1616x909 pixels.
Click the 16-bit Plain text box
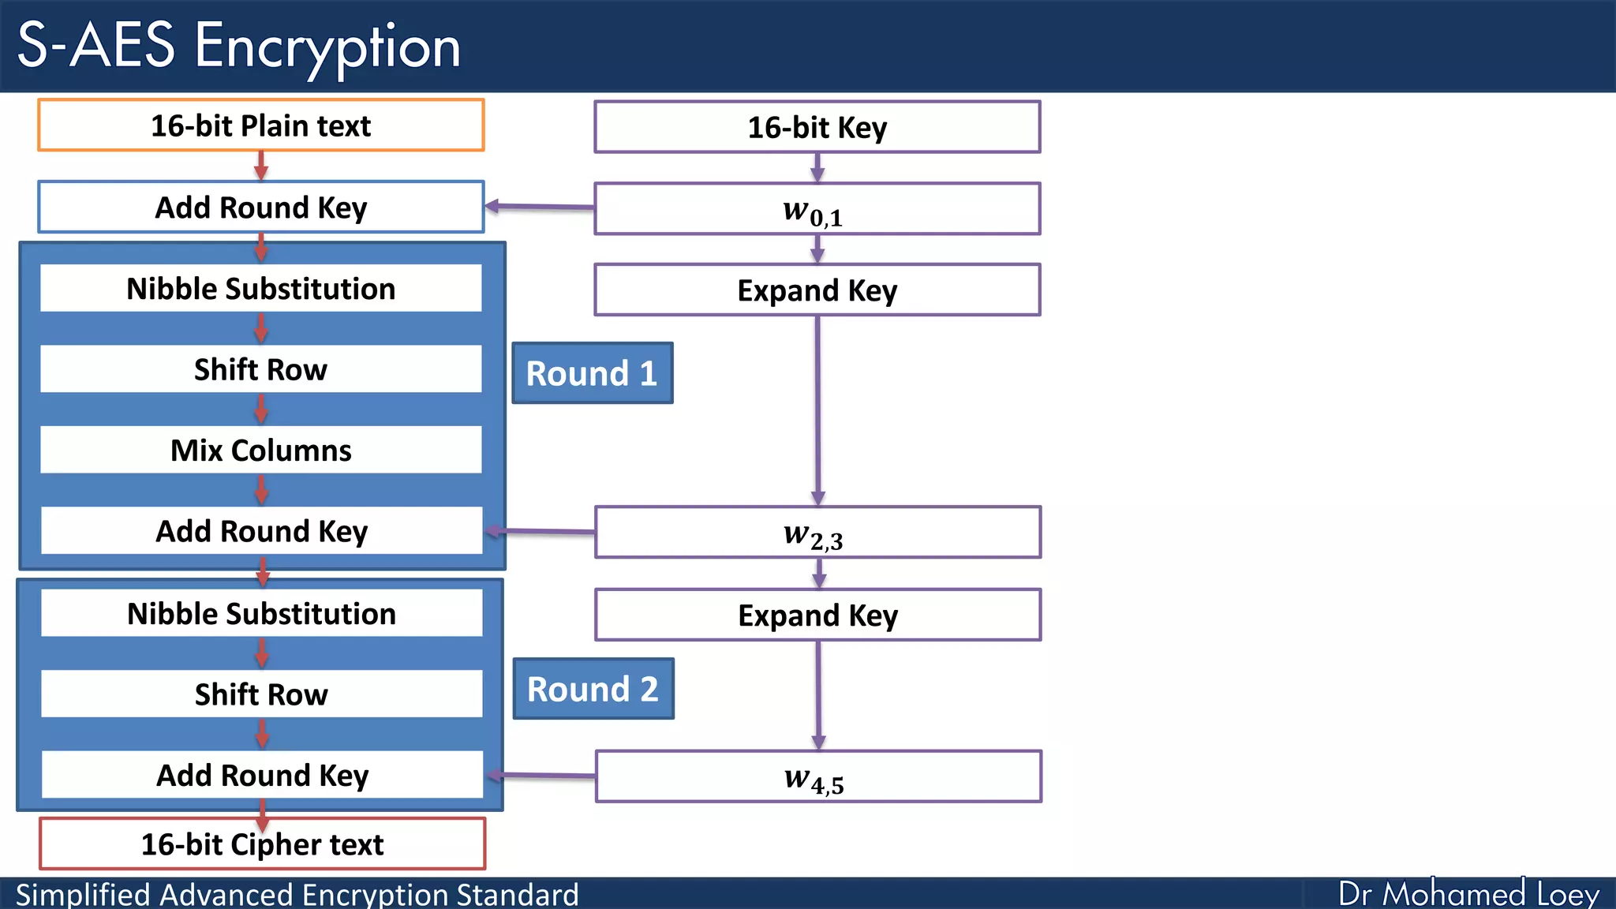click(x=260, y=125)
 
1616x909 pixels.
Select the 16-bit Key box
click(x=817, y=127)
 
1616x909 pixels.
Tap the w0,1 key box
click(x=817, y=209)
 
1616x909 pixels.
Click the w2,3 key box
click(x=817, y=533)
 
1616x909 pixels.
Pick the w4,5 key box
click(x=817, y=776)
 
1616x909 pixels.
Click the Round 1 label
click(x=592, y=373)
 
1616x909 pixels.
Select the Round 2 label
click(x=593, y=689)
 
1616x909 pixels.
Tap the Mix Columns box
click(x=260, y=450)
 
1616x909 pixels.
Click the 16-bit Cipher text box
click(x=262, y=844)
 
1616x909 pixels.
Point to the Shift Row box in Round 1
click(x=260, y=369)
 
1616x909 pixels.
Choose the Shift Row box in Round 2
click(x=261, y=694)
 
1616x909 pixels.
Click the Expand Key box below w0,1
click(x=817, y=290)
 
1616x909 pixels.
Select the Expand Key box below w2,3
click(x=817, y=615)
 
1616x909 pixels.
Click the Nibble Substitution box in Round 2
click(x=261, y=613)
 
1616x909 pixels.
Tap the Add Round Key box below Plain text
click(x=260, y=208)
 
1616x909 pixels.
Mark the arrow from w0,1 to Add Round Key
click(x=540, y=207)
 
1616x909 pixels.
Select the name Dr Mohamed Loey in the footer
click(x=1468, y=894)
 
